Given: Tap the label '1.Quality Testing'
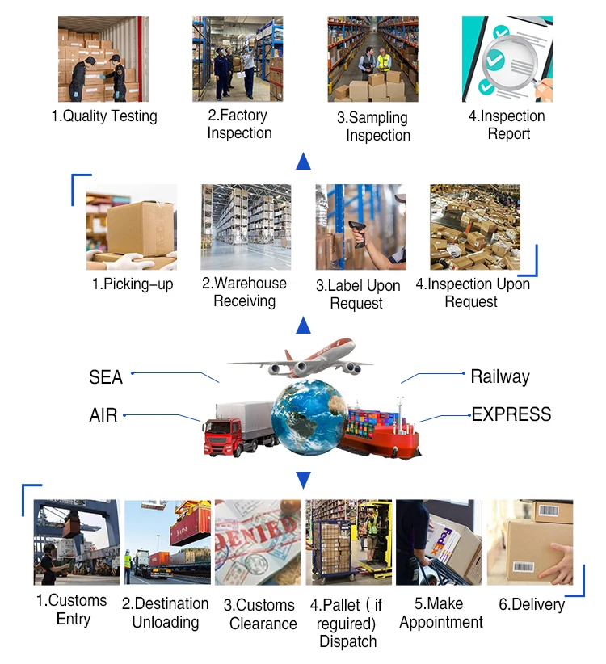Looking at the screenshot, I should tap(104, 116).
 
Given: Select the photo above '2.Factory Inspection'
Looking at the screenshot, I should tap(238, 59).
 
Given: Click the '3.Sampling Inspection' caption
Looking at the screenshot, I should tap(372, 126).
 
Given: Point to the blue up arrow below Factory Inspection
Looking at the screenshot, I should tap(304, 161).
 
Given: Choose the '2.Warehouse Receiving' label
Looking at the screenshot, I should tap(244, 292).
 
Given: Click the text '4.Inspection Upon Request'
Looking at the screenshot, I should tap(473, 293).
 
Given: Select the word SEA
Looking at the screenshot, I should tap(106, 377).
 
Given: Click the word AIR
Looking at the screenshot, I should tap(103, 416).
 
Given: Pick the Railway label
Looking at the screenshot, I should tap(500, 376).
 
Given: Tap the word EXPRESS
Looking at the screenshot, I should tap(511, 414).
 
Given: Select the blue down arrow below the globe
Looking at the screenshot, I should tap(304, 481).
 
